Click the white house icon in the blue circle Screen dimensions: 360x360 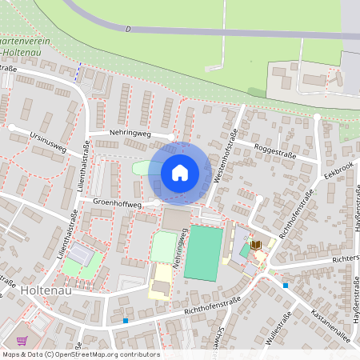(180, 171)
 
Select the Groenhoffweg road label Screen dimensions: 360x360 (118, 205)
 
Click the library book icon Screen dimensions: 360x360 (257, 244)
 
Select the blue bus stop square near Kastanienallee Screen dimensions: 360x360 (285, 285)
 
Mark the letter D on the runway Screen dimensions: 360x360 (128, 29)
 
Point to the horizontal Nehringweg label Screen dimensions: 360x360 (109, 134)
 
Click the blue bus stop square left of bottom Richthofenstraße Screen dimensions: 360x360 (125, 321)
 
